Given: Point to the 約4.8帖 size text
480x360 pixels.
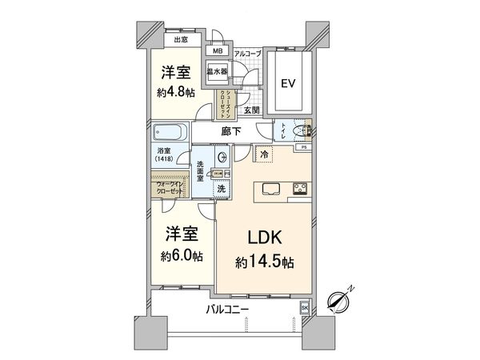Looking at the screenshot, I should pyautogui.click(x=175, y=92).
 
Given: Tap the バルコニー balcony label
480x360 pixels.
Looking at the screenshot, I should pyautogui.click(x=228, y=308).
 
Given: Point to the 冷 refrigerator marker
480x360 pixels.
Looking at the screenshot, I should pyautogui.click(x=263, y=153).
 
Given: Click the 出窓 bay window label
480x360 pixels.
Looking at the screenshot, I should pyautogui.click(x=181, y=39).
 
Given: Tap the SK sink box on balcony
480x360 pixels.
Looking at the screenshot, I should pyautogui.click(x=304, y=307).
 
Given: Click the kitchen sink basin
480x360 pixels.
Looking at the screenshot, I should pyautogui.click(x=267, y=190).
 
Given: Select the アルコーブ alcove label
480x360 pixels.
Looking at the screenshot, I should pyautogui.click(x=246, y=53).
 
